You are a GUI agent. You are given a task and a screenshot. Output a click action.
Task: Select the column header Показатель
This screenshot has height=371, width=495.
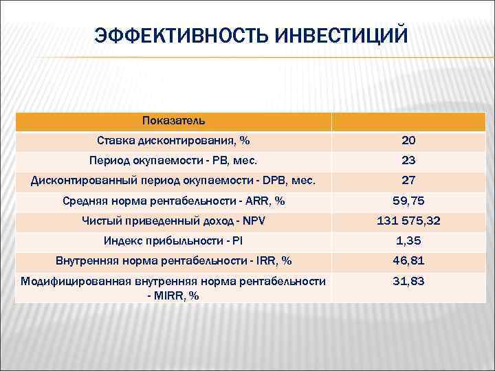tap(173, 121)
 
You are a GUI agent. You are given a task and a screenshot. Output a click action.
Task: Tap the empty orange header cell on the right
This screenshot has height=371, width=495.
tap(408, 122)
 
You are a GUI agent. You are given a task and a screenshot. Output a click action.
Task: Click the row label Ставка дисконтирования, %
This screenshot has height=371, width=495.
tap(173, 141)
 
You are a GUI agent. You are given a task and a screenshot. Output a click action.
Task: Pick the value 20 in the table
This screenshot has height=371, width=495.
tap(408, 141)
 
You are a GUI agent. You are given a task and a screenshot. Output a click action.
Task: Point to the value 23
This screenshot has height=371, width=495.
tap(408, 161)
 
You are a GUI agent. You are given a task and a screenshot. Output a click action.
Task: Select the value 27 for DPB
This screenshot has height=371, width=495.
tap(408, 181)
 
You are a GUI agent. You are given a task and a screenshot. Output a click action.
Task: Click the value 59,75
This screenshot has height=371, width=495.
tap(408, 201)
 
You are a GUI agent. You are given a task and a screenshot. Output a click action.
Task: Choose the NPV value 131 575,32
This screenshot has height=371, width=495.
tap(408, 221)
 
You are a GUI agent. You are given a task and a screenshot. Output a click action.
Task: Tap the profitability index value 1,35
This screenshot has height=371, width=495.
tap(408, 241)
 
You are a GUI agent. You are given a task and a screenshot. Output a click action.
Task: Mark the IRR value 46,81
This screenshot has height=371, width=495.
tap(408, 261)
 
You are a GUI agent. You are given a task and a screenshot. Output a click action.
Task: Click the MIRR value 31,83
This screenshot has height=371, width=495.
tap(408, 282)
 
